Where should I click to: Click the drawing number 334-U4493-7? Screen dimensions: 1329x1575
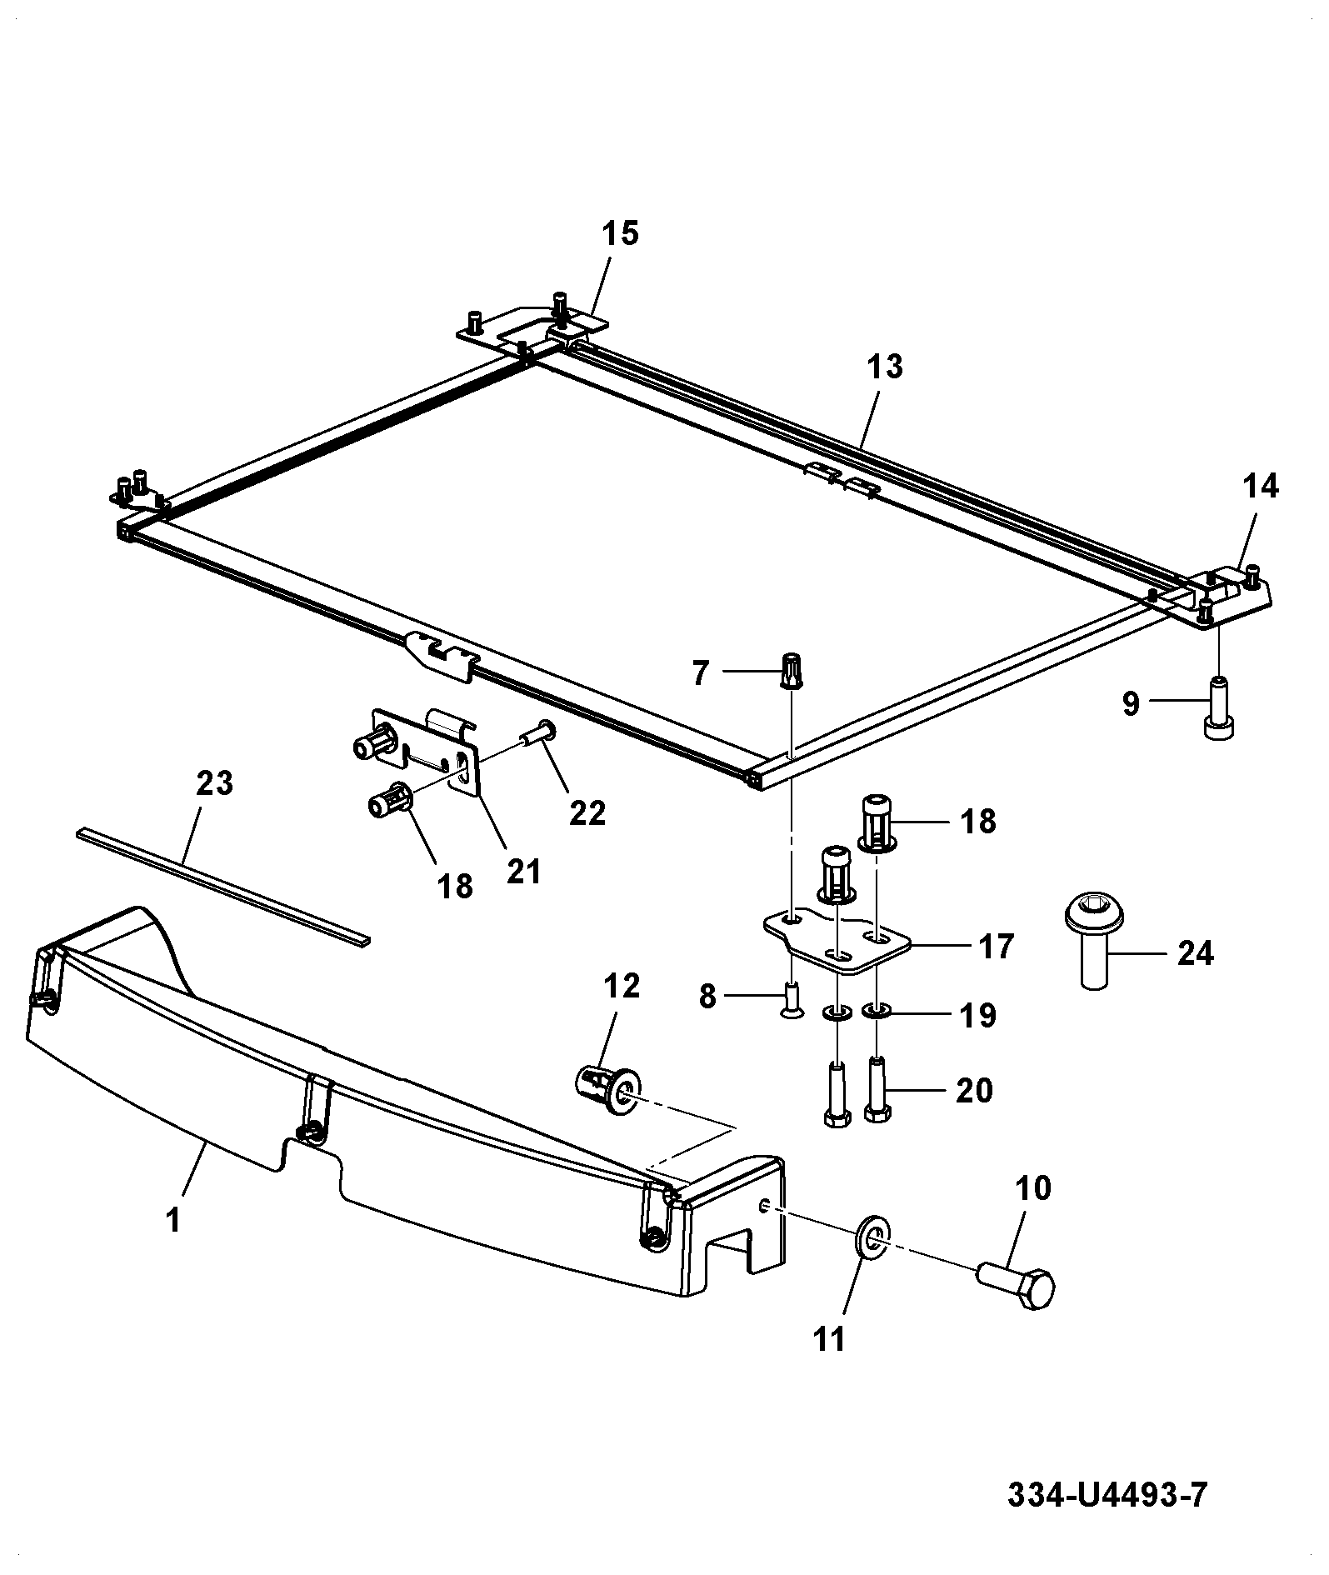[x=1107, y=1495]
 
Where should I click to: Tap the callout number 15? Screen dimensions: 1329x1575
[x=620, y=233]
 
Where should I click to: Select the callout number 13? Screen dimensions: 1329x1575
[x=884, y=366]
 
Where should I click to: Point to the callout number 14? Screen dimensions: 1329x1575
[x=1260, y=486]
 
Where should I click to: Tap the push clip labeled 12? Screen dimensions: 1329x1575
[x=609, y=1090]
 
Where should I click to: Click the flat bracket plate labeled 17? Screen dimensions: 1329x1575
[x=838, y=940]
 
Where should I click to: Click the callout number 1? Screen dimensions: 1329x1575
[x=173, y=1222]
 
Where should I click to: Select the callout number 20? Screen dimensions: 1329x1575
[x=974, y=1090]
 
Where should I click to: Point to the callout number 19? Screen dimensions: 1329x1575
[x=977, y=1015]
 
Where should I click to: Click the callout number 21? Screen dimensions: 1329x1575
[x=523, y=872]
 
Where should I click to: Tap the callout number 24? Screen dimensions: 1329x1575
[x=1194, y=952]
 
